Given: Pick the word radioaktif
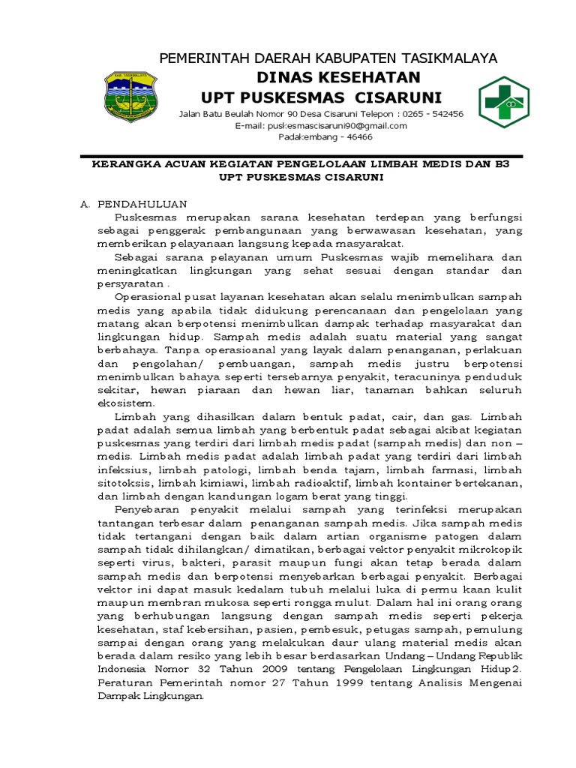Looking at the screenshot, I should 322,483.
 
